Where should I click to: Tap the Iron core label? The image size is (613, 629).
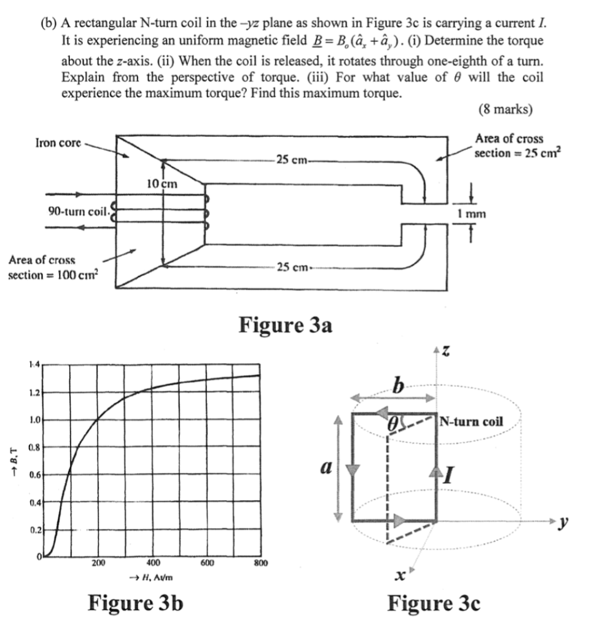click(x=58, y=143)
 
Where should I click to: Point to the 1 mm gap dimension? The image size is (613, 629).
click(x=472, y=214)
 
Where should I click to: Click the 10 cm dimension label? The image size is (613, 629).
click(x=162, y=183)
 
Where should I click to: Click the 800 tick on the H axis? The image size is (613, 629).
click(x=260, y=562)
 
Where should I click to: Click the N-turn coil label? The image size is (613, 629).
click(x=472, y=422)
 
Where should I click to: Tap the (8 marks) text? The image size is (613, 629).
click(x=505, y=110)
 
